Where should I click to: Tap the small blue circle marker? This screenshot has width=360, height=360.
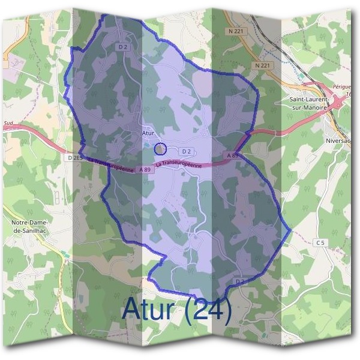(x=160, y=148)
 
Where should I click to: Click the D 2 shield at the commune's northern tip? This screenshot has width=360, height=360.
(x=124, y=46)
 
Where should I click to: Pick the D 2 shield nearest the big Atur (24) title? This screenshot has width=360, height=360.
(x=240, y=281)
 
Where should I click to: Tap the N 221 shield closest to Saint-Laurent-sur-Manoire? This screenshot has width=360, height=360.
(x=260, y=65)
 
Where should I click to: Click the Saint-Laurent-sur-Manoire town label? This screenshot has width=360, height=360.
(x=308, y=103)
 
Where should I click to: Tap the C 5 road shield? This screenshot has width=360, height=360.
(x=321, y=242)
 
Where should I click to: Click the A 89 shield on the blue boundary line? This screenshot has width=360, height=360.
(x=233, y=155)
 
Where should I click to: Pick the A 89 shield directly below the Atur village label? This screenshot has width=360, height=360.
(x=145, y=170)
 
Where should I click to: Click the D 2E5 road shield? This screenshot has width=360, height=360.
(x=75, y=157)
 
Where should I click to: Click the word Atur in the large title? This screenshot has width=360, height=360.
(x=148, y=310)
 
